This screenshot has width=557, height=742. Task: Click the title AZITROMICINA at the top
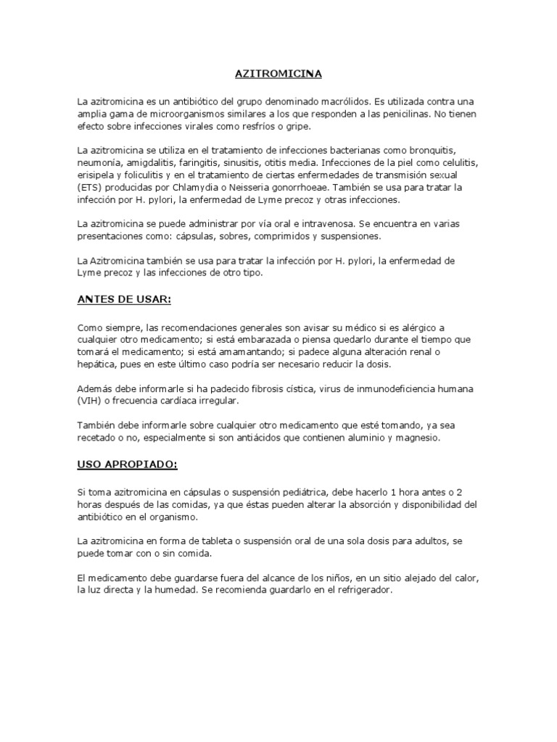(x=278, y=74)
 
